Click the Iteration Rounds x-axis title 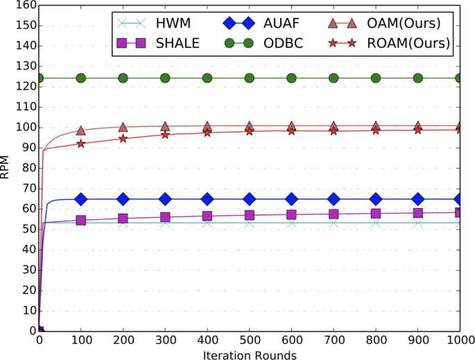click(x=250, y=355)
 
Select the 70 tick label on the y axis click(x=26, y=189)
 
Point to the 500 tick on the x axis click(x=250, y=341)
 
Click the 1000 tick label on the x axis click(x=460, y=341)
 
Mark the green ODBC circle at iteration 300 click(x=165, y=78)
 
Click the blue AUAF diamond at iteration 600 click(x=291, y=199)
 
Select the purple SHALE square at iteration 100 click(x=81, y=220)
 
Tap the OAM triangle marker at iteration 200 click(x=123, y=127)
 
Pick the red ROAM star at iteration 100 click(x=81, y=144)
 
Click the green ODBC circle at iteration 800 click(x=376, y=78)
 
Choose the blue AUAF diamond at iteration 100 click(x=81, y=199)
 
